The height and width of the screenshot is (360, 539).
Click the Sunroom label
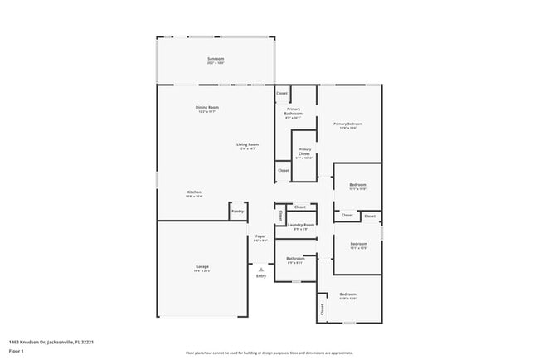216,59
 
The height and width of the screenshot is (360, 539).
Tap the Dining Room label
206,108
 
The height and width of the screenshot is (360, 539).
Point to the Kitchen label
193,193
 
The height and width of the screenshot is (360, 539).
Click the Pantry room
238,212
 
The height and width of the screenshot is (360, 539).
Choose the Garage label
202,267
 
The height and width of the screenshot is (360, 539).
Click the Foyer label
260,237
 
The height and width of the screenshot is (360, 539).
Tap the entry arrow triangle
261,269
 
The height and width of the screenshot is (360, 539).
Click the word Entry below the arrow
261,276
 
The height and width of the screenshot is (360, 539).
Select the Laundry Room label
301,226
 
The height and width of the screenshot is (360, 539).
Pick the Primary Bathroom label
294,112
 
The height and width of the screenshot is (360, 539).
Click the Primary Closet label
304,153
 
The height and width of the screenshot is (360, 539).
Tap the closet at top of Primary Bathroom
282,94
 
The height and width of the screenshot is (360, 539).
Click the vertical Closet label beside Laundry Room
280,216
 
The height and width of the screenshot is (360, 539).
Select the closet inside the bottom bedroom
322,309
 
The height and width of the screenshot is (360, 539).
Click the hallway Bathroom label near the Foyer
296,259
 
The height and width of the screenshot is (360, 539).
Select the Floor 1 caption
17,351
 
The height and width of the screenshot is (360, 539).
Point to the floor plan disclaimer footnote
269,353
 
